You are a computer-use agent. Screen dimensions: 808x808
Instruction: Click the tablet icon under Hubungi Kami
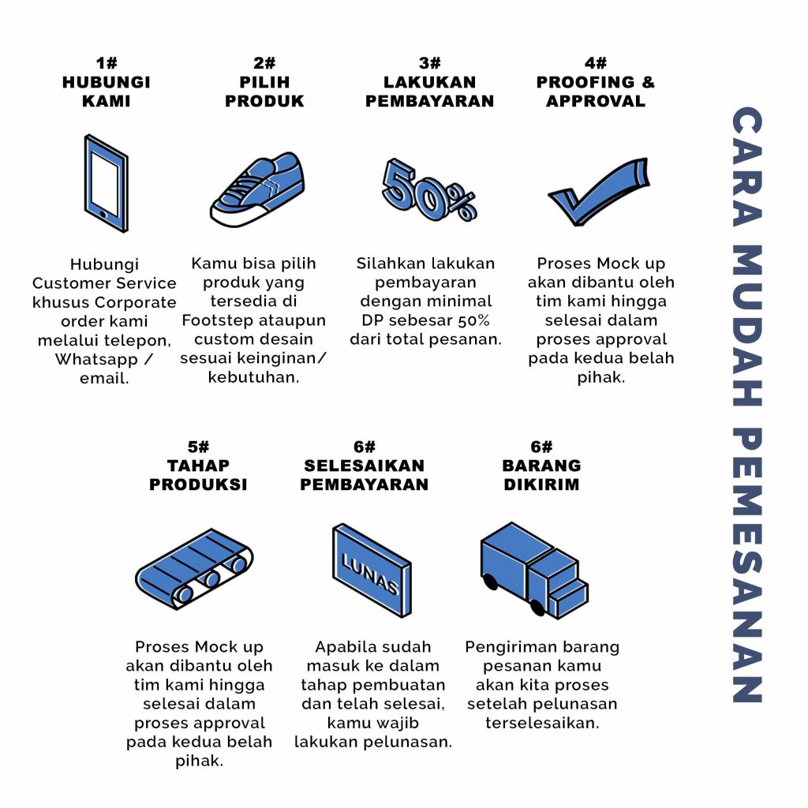click(x=107, y=183)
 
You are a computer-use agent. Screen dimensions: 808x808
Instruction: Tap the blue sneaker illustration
click(x=257, y=189)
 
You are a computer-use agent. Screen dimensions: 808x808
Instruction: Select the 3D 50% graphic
click(x=428, y=189)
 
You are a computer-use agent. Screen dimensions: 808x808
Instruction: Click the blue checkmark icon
click(x=598, y=192)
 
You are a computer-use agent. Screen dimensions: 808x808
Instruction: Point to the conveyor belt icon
click(x=194, y=569)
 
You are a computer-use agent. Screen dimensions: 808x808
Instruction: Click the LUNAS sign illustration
click(x=372, y=570)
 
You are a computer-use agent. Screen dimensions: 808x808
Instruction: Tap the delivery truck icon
click(x=534, y=570)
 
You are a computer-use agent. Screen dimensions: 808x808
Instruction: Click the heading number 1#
click(x=107, y=63)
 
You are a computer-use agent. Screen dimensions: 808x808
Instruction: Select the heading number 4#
click(x=596, y=63)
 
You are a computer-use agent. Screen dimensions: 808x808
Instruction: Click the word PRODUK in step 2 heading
click(x=264, y=101)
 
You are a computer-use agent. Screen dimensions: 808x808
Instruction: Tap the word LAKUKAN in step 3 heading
click(x=430, y=82)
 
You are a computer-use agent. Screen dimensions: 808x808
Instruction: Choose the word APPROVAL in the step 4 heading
click(x=596, y=101)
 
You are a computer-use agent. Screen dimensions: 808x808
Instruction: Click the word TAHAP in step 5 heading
click(x=198, y=466)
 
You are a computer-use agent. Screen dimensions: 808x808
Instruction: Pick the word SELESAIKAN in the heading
click(x=365, y=466)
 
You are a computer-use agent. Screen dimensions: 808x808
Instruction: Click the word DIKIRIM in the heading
click(x=541, y=484)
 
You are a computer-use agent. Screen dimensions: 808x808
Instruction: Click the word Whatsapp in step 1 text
click(x=96, y=359)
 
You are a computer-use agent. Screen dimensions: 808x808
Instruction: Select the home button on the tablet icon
click(x=103, y=214)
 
